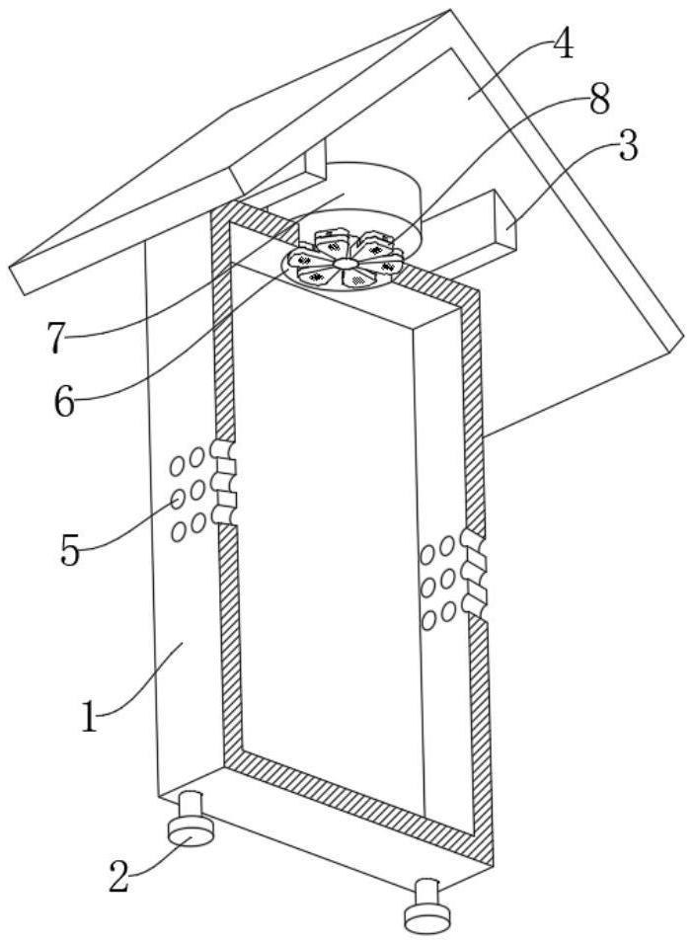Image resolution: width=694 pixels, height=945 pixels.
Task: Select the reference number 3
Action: pyautogui.click(x=628, y=145)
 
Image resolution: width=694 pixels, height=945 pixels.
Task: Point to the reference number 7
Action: pyautogui.click(x=55, y=339)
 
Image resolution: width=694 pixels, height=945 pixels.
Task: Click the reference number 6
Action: pyautogui.click(x=64, y=402)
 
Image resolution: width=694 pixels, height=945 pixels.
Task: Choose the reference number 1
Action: pyautogui.click(x=89, y=717)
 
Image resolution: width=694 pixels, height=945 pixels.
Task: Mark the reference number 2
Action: pyautogui.click(x=119, y=876)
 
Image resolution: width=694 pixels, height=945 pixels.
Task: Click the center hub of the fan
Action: pyautogui.click(x=344, y=264)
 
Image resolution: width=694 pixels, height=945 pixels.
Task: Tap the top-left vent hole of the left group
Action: pyautogui.click(x=177, y=466)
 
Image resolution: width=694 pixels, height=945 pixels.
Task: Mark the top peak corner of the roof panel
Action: pyautogui.click(x=450, y=10)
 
